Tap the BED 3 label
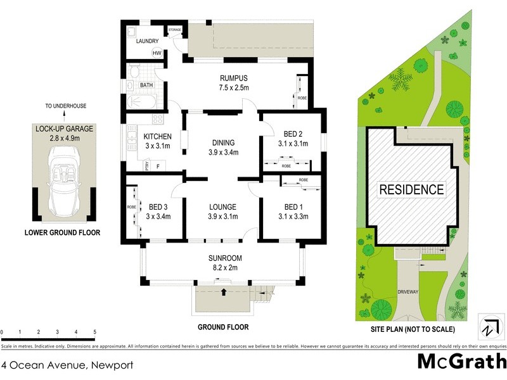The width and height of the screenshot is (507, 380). tap(159, 207)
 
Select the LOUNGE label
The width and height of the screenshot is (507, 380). tap(222, 207)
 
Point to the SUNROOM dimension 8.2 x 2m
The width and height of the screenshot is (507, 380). tap(225, 268)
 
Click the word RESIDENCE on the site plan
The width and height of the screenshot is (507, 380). tap(411, 189)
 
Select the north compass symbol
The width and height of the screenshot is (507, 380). tap(488, 329)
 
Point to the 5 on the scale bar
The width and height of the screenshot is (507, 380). tap(94, 332)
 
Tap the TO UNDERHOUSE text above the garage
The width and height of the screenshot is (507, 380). tap(65, 106)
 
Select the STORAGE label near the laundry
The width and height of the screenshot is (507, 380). tap(174, 30)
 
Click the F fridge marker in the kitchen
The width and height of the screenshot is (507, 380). tap(158, 166)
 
